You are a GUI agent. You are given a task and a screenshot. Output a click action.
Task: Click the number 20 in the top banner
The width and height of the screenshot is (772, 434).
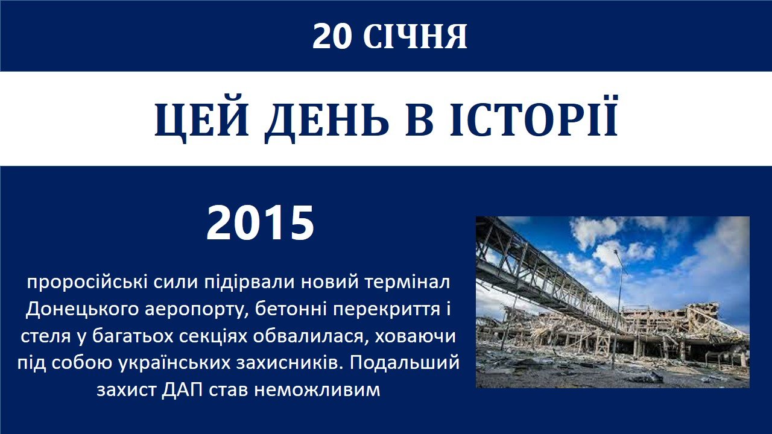(x=332, y=37)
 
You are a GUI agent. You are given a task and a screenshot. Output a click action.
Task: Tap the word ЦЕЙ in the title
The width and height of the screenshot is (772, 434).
(x=201, y=119)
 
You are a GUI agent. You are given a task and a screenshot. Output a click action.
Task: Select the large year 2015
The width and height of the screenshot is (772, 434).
(x=260, y=223)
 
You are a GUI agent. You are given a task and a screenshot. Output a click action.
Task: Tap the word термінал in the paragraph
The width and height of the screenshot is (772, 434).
(x=407, y=283)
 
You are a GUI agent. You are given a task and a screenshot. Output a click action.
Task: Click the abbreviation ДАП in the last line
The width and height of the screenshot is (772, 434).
(x=182, y=390)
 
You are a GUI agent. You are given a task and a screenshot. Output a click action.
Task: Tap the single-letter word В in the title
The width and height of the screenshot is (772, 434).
(x=419, y=119)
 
